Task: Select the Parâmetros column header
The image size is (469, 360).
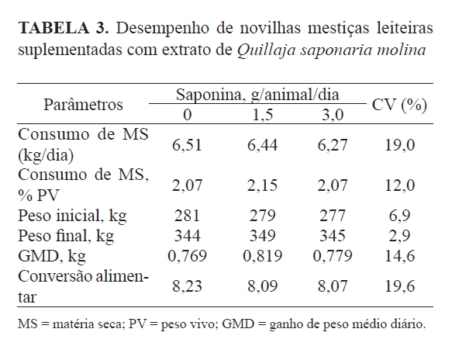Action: point(84,104)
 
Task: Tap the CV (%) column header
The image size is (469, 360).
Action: point(400,104)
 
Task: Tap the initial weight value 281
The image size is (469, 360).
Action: point(188,213)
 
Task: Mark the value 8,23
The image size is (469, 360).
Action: point(188,286)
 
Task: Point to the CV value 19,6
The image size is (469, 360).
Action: point(400,286)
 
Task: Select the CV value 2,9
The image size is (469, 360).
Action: point(400,232)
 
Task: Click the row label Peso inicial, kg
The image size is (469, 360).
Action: point(73,213)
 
